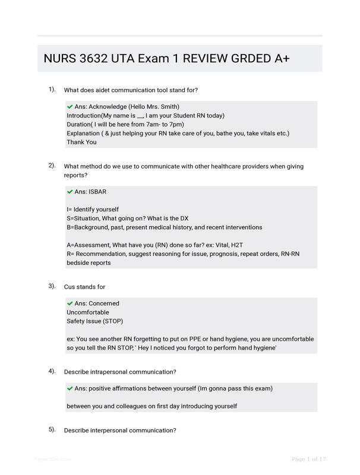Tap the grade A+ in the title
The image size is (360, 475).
[282, 59]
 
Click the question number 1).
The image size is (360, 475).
[52, 90]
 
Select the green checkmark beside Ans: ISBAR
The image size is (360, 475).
[70, 192]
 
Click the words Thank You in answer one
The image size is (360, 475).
[81, 142]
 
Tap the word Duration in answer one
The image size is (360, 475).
[79, 124]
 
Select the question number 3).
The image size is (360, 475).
[52, 286]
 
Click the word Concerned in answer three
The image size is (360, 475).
[104, 303]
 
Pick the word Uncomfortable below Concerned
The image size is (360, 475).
[88, 312]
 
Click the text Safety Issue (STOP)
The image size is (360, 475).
[94, 321]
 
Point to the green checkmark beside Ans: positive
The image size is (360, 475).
[70, 388]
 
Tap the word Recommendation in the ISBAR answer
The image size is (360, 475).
[100, 254]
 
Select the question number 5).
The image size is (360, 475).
[52, 429]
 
